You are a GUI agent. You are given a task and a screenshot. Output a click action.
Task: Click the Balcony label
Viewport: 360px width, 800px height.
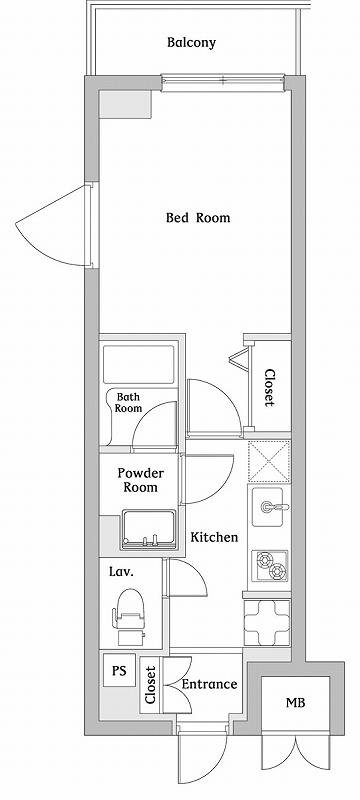[191, 43]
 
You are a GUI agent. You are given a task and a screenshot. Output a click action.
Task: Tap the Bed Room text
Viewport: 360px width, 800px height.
[198, 218]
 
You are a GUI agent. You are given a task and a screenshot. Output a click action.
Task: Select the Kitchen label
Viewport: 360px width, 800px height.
[214, 537]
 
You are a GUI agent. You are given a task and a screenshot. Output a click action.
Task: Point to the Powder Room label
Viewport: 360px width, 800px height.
[141, 480]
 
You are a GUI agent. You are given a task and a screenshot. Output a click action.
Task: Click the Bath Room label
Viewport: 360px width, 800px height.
[128, 402]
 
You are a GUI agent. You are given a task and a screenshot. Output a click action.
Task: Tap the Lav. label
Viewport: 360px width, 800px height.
[121, 572]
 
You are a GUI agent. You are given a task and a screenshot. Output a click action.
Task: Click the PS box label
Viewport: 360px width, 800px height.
[119, 670]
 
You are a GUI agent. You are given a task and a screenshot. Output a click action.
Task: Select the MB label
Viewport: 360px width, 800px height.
[295, 703]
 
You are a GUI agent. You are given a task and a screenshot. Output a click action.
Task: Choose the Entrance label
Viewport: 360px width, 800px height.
[210, 684]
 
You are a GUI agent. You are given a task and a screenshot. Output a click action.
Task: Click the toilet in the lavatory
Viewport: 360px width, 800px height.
[128, 616]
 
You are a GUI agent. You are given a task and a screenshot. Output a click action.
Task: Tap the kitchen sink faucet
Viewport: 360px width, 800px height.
[274, 507]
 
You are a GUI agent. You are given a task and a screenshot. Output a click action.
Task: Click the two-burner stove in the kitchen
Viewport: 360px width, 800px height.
[270, 566]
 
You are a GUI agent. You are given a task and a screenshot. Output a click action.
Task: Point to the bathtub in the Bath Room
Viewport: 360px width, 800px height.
[139, 365]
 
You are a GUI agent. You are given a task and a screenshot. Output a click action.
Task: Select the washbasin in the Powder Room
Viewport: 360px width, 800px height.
[149, 529]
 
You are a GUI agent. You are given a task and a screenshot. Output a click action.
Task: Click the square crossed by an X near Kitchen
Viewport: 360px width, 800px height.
[269, 462]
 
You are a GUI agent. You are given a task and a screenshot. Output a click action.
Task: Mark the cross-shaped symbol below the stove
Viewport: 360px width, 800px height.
[267, 623]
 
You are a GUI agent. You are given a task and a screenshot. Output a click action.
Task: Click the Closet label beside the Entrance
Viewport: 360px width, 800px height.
[150, 685]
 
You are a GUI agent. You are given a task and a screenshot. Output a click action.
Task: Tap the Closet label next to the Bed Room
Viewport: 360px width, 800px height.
[270, 388]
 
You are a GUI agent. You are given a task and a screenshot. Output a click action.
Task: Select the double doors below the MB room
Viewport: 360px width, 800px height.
[296, 752]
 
